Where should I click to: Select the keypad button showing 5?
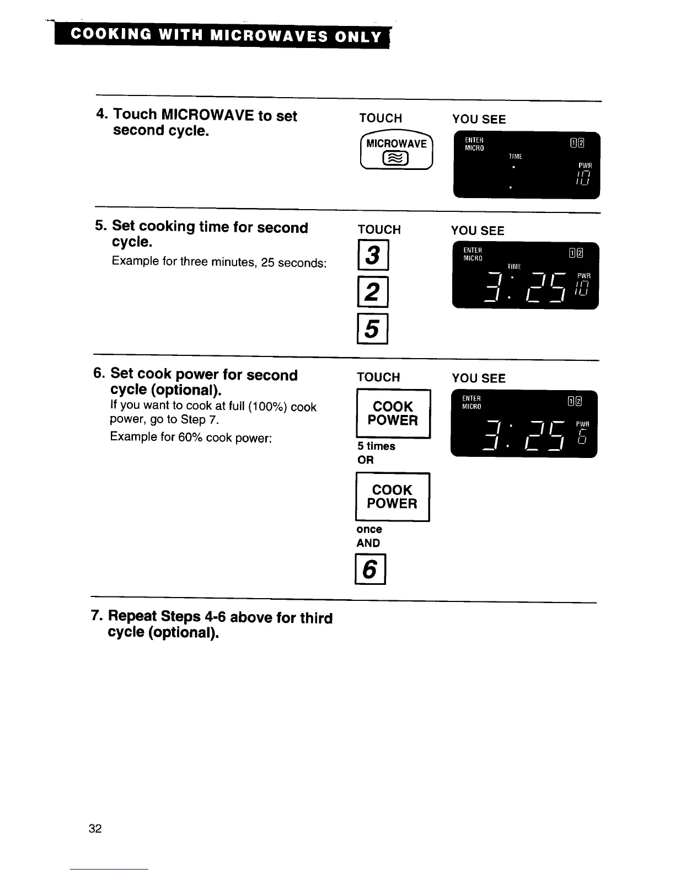tap(373, 329)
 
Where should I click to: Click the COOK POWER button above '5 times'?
tap(393, 414)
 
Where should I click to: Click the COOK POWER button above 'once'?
tap(392, 497)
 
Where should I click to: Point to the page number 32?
tap(95, 829)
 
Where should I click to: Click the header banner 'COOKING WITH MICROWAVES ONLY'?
tap(226, 36)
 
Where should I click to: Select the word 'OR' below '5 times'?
tap(365, 460)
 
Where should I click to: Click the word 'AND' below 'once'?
tap(368, 543)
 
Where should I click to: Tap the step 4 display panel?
tap(526, 165)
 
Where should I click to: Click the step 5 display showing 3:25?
tap(525, 275)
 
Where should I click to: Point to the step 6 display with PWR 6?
tap(524, 424)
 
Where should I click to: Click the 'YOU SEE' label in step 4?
tap(479, 119)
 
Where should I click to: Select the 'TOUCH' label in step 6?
tap(378, 377)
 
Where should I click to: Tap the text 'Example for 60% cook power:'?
tap(190, 438)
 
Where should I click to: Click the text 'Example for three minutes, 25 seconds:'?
tap(219, 262)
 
